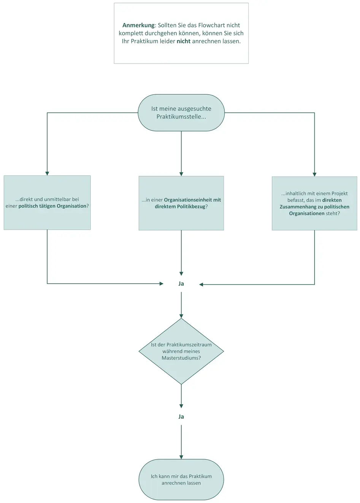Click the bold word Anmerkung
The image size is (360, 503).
pyautogui.click(x=139, y=25)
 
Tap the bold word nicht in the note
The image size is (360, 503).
pyautogui.click(x=184, y=41)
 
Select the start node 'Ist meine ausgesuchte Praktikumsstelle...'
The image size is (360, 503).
pyautogui.click(x=181, y=113)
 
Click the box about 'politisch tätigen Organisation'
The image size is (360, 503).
pyautogui.click(x=47, y=203)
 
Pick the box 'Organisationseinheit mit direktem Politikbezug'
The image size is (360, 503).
pyautogui.click(x=181, y=203)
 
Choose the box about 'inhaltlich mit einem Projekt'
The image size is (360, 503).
pyautogui.click(x=314, y=203)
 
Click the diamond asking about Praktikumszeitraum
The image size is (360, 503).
pyautogui.click(x=181, y=351)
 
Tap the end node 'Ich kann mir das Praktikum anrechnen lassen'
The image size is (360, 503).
pyautogui.click(x=181, y=479)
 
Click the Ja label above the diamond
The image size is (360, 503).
pyautogui.click(x=181, y=284)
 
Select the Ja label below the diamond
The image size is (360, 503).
pyautogui.click(x=181, y=417)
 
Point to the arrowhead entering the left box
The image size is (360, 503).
pyautogui.click(x=47, y=174)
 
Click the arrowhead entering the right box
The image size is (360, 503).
pyautogui.click(x=314, y=175)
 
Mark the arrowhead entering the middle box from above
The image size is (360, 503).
pyautogui.click(x=181, y=174)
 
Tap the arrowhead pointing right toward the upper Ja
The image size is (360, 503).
pyautogui.click(x=162, y=284)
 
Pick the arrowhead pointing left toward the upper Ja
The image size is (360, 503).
pyautogui.click(x=201, y=284)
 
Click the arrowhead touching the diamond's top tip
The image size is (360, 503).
pyautogui.click(x=181, y=316)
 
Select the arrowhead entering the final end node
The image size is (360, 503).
pyautogui.click(x=181, y=457)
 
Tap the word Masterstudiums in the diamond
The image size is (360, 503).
pyautogui.click(x=181, y=358)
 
